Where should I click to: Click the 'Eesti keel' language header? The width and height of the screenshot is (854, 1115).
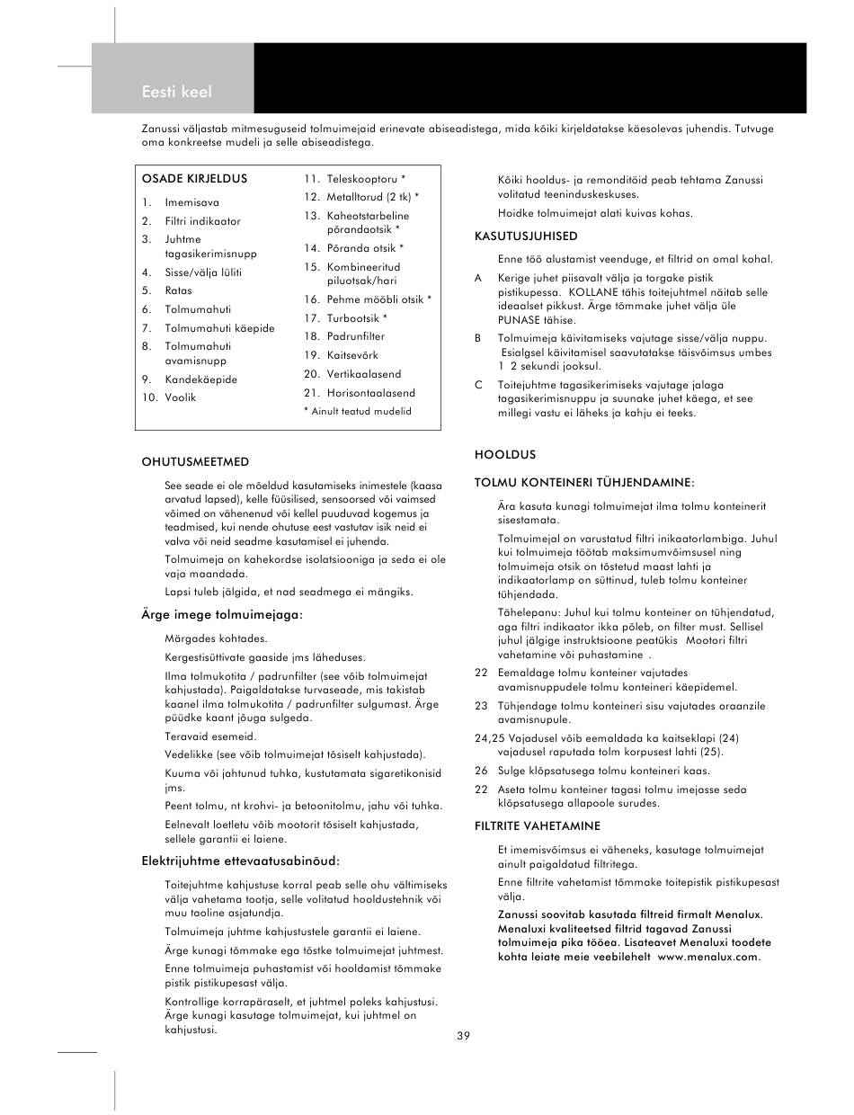[177, 92]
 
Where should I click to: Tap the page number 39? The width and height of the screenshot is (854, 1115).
[463, 1036]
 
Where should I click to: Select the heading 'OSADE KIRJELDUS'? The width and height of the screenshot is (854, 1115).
[194, 179]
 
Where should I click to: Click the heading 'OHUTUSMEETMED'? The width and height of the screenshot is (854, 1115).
[195, 462]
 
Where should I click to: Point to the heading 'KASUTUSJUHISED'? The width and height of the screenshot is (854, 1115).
[526, 236]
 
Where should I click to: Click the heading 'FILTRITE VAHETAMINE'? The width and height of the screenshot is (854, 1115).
[538, 825]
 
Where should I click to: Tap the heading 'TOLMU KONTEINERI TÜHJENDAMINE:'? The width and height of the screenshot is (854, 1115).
[584, 483]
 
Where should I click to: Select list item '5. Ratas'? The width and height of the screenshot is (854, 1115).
[167, 290]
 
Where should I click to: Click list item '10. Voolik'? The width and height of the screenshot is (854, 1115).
[169, 397]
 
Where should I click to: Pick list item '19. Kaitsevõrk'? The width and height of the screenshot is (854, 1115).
[341, 355]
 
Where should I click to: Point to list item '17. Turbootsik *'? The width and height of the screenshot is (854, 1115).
[345, 317]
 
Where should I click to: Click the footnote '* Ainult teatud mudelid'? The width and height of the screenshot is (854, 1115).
[357, 411]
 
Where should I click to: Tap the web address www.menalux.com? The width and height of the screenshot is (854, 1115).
[709, 957]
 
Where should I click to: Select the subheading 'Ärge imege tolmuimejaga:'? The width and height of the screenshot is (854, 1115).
[222, 615]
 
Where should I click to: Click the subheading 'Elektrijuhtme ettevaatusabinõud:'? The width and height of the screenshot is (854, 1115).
[241, 861]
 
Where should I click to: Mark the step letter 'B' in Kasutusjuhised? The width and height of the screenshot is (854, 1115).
[478, 338]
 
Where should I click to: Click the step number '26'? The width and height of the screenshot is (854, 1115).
[481, 771]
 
